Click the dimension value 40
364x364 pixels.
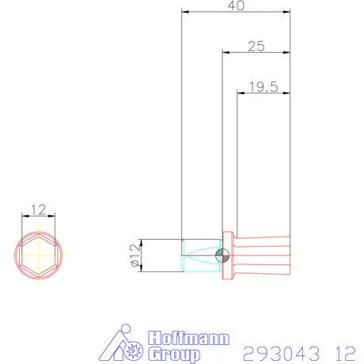coord(236,6)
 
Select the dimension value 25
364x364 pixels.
coord(256,47)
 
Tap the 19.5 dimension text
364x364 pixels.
coord(264,87)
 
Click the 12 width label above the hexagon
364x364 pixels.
coord(39,210)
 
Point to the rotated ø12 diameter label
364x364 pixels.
coord(135,256)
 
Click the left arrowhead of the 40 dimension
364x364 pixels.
coord(186,12)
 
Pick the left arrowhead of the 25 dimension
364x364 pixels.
coord(226,52)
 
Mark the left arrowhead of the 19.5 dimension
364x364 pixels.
coord(241,93)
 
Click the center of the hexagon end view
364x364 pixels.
coord(39,256)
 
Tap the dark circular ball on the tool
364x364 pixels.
coord(222,256)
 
